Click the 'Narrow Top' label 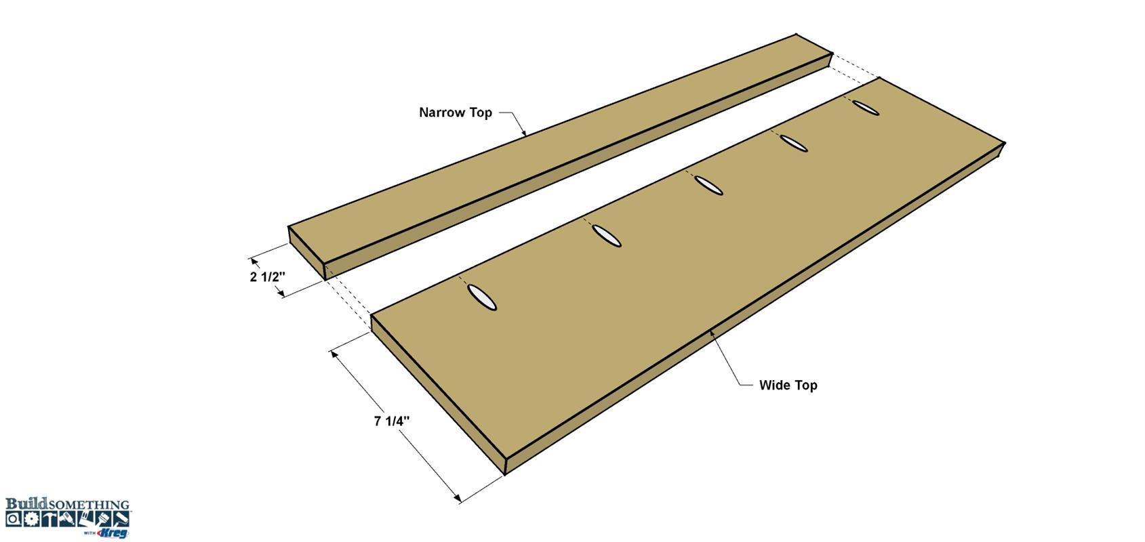456,112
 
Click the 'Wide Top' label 788,385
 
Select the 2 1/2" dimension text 267,277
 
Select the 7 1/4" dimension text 392,421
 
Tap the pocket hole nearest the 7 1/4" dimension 482,297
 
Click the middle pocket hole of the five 709,185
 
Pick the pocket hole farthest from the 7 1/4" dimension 866,108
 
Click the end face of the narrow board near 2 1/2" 306,253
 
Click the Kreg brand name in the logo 113,533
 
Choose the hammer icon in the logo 49,519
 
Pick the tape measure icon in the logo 14,519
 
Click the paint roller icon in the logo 121,519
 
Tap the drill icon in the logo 67,519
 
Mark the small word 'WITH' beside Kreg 90,533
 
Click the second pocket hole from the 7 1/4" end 607,236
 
